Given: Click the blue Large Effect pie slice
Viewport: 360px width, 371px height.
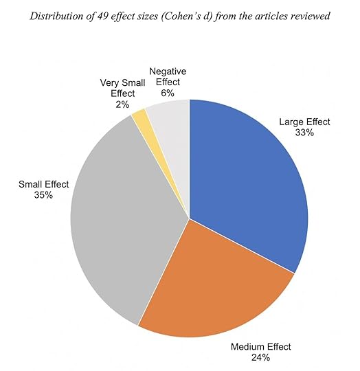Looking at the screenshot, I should (x=247, y=179).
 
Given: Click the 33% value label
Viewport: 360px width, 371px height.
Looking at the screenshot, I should (x=304, y=133).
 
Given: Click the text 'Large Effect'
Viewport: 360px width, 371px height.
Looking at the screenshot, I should (x=304, y=122).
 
